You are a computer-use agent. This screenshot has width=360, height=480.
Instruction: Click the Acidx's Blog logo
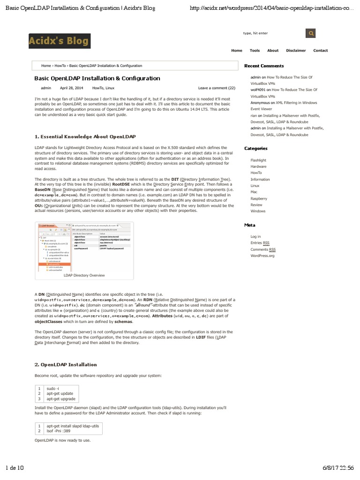coord(59,41)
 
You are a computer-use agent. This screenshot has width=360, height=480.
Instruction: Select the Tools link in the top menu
coord(255,51)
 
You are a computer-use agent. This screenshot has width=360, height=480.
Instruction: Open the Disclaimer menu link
coord(296,51)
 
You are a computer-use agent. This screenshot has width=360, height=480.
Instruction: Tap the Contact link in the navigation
coord(321,51)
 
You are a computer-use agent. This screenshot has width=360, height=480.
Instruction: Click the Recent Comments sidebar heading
coord(264,66)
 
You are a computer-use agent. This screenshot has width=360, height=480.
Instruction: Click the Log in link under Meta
coord(255,237)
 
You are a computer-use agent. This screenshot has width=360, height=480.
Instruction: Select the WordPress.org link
coord(262,256)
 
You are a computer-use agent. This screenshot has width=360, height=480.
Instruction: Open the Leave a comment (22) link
coord(217,88)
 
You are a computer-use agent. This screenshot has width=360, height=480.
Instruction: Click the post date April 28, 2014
coord(71,88)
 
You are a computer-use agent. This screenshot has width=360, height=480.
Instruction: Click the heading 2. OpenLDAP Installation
coord(66,364)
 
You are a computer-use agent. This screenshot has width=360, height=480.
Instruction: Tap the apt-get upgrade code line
coord(61,399)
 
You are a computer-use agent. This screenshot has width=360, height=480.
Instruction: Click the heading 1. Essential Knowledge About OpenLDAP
coord(85,136)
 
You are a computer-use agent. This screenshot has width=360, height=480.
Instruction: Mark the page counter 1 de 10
coord(17,468)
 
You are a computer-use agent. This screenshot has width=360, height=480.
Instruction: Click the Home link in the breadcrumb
coord(46,66)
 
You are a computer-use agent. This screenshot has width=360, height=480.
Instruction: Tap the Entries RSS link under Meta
coord(260,243)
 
